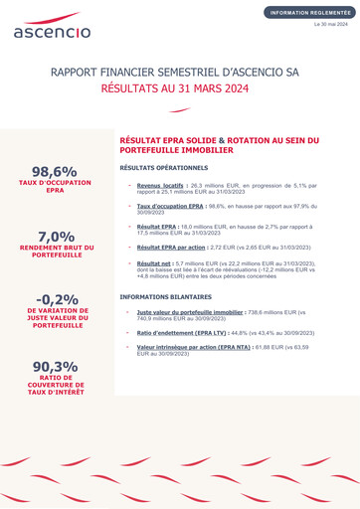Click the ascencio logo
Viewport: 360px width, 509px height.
coord(52,26)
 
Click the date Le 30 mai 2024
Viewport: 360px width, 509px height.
coord(331,23)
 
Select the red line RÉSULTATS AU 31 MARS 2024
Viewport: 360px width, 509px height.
coord(179,88)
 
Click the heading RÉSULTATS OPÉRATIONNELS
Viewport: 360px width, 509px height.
coord(164,168)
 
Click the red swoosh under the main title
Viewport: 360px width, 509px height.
coord(180,109)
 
